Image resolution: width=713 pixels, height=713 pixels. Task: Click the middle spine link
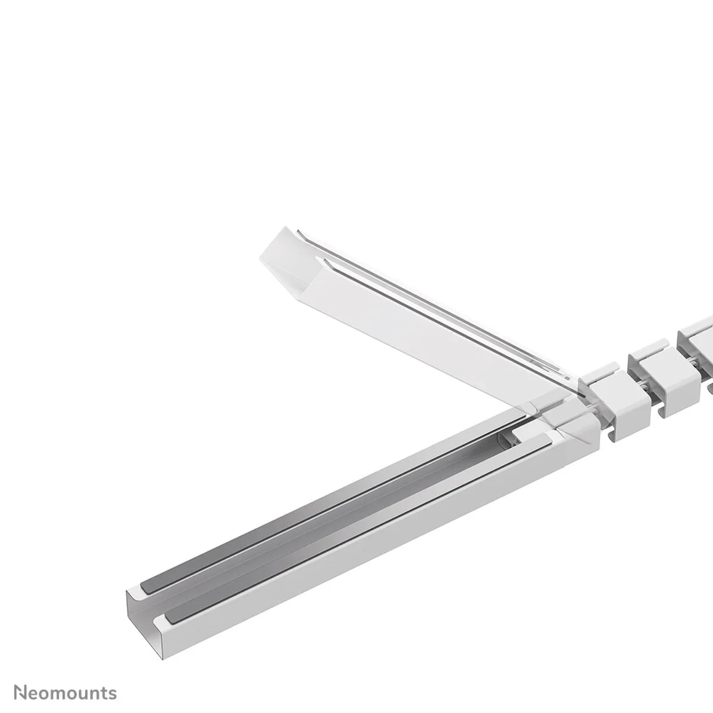point(654,380)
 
